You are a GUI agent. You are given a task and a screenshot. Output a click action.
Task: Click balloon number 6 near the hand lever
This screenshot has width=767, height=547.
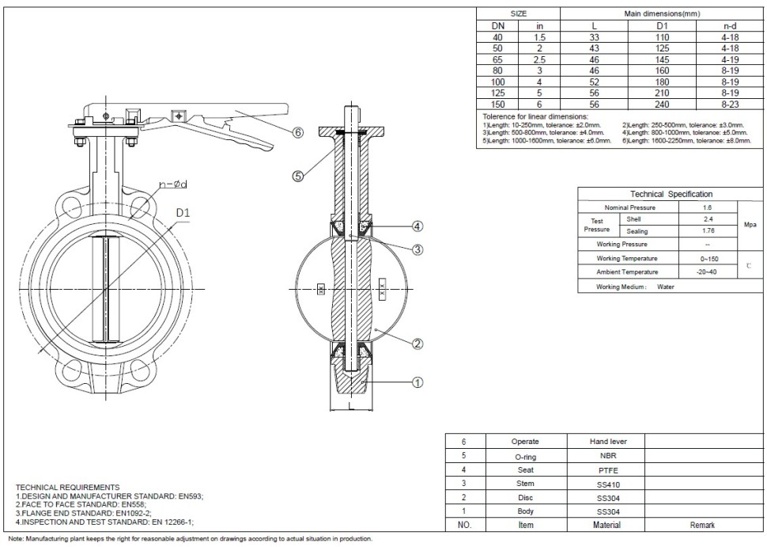[298, 132]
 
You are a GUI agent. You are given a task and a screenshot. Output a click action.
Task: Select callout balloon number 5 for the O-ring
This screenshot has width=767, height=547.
[298, 177]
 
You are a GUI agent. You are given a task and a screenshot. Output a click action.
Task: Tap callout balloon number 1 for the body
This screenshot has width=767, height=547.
[418, 382]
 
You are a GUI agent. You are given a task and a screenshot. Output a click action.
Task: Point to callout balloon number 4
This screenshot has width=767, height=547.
[418, 226]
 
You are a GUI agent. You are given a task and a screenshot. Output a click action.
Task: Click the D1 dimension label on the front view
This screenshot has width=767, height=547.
[183, 213]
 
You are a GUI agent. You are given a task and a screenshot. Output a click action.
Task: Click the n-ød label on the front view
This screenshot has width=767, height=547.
[172, 184]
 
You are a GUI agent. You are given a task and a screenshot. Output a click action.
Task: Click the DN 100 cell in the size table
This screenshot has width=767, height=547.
[497, 81]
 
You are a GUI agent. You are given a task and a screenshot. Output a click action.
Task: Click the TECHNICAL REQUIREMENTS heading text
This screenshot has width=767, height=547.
[68, 487]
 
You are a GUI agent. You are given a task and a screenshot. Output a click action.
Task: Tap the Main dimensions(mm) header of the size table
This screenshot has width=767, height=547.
[661, 14]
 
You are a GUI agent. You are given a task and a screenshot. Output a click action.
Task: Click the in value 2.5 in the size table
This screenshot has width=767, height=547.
[539, 59]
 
